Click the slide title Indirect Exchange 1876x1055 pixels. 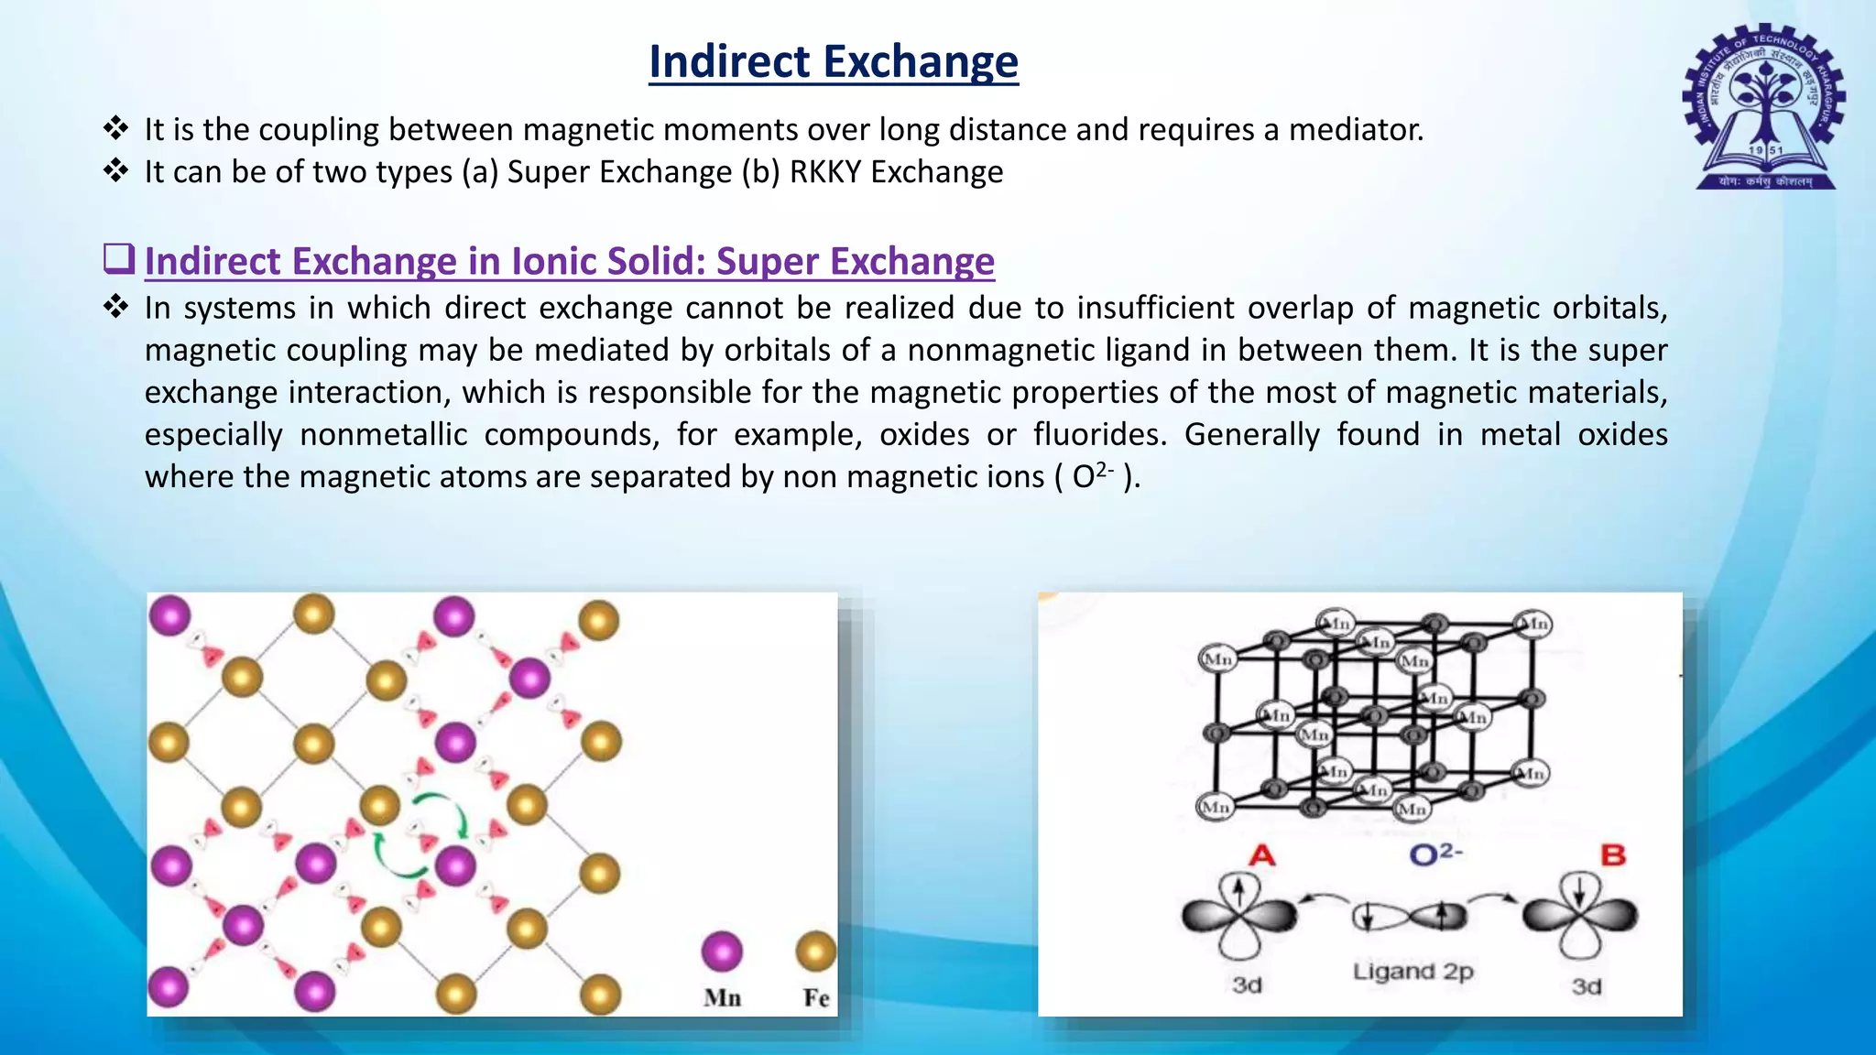click(x=833, y=62)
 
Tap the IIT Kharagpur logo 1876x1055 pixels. click(x=1764, y=107)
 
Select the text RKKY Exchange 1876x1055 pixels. click(x=896, y=172)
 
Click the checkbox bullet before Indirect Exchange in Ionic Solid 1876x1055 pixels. click(x=119, y=259)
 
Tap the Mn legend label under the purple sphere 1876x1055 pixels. click(x=722, y=997)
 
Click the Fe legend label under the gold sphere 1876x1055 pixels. click(x=816, y=997)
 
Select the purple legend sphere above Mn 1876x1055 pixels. click(x=722, y=952)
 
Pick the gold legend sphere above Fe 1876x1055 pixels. click(x=816, y=952)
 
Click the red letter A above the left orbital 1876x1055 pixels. click(x=1261, y=855)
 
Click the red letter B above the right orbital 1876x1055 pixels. click(x=1612, y=855)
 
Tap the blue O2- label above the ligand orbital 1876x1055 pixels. click(x=1435, y=854)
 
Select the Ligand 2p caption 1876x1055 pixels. click(x=1412, y=971)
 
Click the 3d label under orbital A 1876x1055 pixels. click(x=1247, y=985)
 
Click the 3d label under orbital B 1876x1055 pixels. click(x=1587, y=986)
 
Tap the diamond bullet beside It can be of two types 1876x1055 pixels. click(x=115, y=171)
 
